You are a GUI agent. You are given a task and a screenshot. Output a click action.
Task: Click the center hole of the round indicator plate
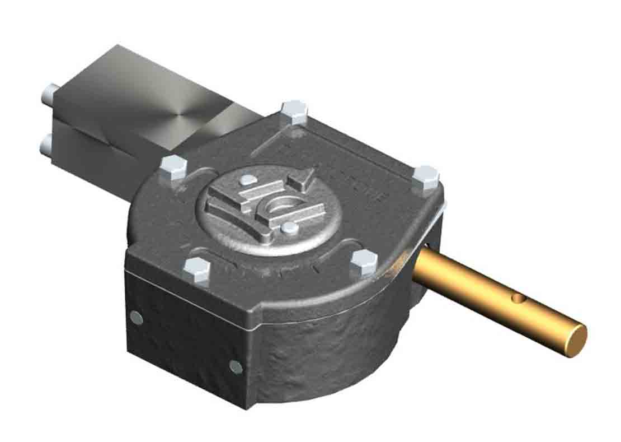pos(277,207)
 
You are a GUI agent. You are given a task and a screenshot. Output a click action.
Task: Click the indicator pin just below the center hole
pos(289,227)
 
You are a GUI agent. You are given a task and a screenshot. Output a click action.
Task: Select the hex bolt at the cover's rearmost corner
pos(294,111)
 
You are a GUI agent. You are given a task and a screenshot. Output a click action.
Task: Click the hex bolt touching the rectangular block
pos(173,167)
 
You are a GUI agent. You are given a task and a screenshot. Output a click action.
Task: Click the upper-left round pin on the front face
pos(136,318)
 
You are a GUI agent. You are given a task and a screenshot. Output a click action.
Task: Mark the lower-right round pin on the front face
pos(236,367)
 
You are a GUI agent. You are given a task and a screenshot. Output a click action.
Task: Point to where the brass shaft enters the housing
pos(422,263)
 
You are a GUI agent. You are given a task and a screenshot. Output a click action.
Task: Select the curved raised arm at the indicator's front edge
pos(252,224)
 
